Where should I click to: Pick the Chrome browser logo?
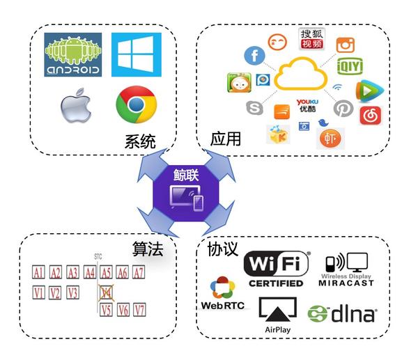[135, 105]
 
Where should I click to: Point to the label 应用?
[226, 139]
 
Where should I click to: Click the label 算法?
[148, 249]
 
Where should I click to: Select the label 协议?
[223, 249]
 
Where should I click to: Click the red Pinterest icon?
[343, 109]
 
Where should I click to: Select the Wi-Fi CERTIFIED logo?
[276, 269]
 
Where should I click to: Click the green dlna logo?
[342, 313]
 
